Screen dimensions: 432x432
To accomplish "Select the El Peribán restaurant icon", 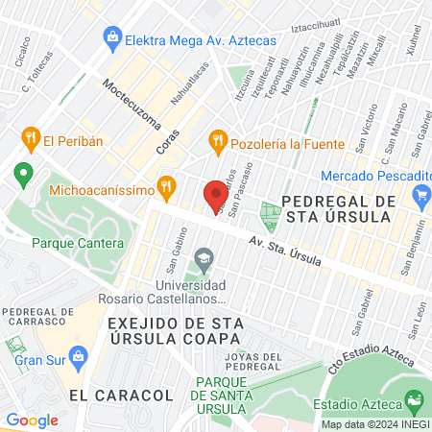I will coord(32,138).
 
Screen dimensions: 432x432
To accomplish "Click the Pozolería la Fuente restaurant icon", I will coord(218,140).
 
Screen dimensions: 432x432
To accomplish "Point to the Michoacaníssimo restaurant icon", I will coord(167,185).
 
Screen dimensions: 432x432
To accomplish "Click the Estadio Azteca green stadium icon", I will coord(415,399).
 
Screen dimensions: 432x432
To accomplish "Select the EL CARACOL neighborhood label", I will coord(114,395).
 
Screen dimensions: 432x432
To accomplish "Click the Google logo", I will coord(32,420).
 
